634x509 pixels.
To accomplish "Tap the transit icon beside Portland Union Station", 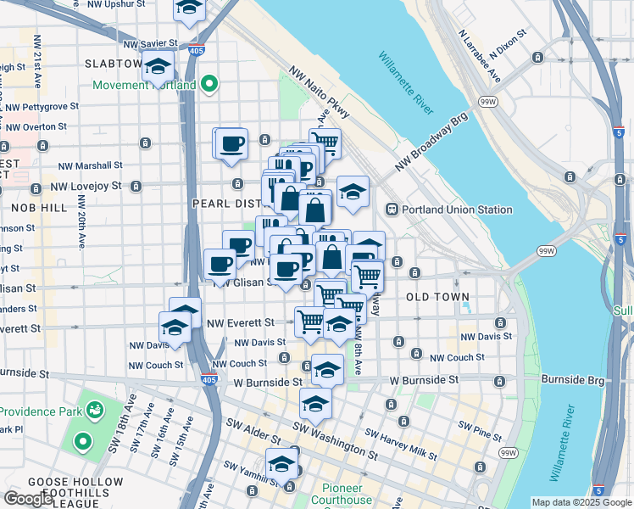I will click(x=393, y=210).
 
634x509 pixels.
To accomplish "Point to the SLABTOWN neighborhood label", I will click(x=114, y=64).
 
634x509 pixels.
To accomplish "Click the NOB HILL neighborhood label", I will click(x=33, y=207).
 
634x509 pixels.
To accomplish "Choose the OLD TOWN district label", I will click(x=437, y=297).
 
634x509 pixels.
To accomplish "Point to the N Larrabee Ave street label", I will click(x=480, y=58).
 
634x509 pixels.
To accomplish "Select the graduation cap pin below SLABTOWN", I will click(x=157, y=66).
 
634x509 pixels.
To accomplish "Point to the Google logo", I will click(x=28, y=498).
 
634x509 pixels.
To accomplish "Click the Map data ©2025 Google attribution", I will click(x=581, y=502).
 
